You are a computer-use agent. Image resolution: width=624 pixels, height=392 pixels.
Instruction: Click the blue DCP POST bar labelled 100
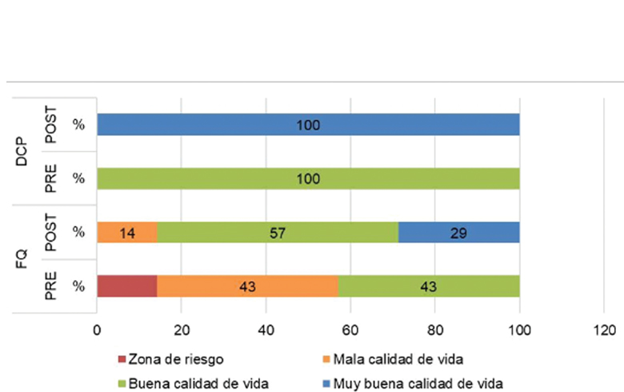tap(308, 125)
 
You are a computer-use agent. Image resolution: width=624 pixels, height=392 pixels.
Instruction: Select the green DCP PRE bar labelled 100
tap(308, 178)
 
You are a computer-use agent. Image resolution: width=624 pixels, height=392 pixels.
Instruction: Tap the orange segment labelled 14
tap(126, 232)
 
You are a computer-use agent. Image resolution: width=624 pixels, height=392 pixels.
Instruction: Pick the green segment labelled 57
tap(277, 232)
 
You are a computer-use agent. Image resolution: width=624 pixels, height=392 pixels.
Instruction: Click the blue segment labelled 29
tap(458, 232)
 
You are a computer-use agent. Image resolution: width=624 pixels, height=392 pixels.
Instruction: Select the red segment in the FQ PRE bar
tap(126, 286)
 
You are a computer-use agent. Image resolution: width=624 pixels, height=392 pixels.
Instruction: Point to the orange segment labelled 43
tap(247, 286)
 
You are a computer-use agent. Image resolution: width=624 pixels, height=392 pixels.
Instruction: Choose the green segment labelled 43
tap(429, 286)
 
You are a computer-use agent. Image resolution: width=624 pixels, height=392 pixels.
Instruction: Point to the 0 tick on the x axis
tap(97, 329)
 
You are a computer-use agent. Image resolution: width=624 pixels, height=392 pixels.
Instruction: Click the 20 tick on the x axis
tap(182, 329)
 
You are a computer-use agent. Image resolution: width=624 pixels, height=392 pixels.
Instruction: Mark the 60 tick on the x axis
tap(350, 329)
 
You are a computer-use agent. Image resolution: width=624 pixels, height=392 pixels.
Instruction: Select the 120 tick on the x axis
tap(604, 329)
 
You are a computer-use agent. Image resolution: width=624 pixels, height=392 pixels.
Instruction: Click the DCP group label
tap(22, 151)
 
